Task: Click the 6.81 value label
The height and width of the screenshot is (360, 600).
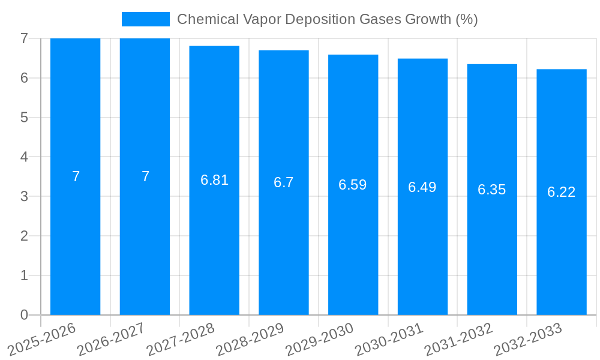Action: click(214, 180)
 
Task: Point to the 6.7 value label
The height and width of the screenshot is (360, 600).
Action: click(283, 182)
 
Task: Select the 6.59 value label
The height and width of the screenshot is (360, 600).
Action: click(353, 185)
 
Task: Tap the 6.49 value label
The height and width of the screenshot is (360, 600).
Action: click(422, 187)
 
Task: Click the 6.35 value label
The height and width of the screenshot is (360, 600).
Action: click(492, 190)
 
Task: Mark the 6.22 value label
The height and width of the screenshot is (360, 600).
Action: click(561, 192)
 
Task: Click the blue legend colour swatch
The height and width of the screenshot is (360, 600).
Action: click(145, 19)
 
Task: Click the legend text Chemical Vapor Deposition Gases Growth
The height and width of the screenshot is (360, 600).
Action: click(327, 19)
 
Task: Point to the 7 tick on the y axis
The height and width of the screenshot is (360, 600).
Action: click(24, 38)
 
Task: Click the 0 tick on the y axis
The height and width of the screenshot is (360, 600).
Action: click(24, 315)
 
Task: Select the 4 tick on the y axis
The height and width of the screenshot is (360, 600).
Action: click(24, 157)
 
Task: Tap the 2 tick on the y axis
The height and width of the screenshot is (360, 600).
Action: click(24, 236)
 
